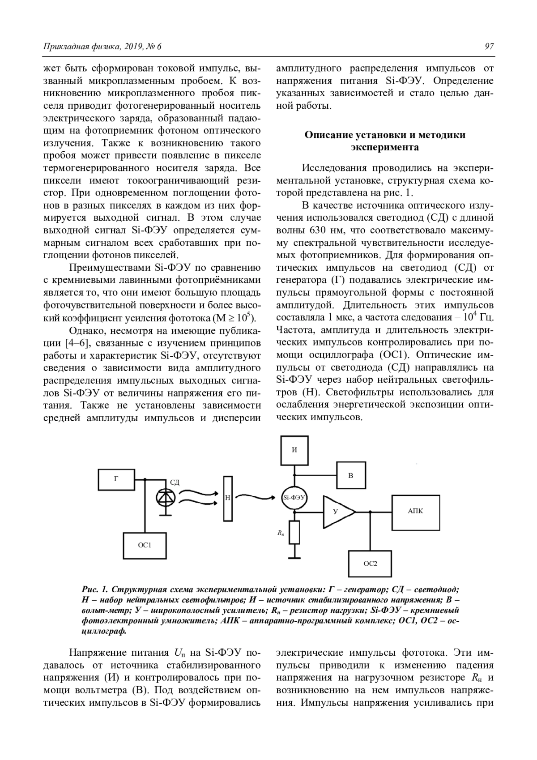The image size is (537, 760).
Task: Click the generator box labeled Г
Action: [x=116, y=479]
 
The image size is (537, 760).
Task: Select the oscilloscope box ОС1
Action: [x=145, y=545]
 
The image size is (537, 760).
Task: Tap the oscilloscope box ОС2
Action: [x=370, y=564]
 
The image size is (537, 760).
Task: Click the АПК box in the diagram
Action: [x=415, y=511]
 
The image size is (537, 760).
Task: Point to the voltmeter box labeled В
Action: [x=351, y=475]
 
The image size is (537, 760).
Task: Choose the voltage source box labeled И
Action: [x=294, y=450]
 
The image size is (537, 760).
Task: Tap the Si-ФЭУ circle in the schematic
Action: [x=294, y=498]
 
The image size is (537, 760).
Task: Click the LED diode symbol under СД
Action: [x=166, y=498]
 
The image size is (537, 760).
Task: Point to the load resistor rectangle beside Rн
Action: [x=294, y=533]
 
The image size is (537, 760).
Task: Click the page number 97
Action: [x=489, y=47]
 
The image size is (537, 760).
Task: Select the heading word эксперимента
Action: [x=385, y=147]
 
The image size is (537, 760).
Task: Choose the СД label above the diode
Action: [x=175, y=482]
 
